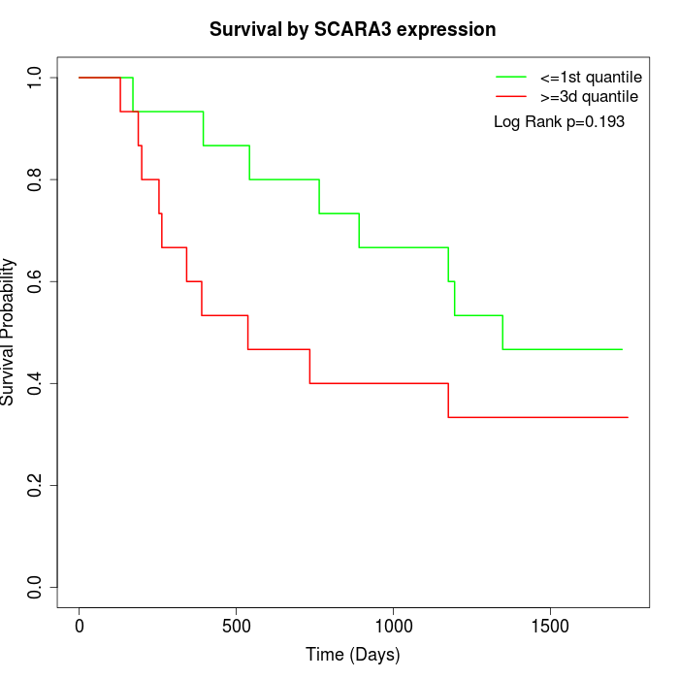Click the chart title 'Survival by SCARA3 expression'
click(353, 29)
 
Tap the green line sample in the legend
click(511, 76)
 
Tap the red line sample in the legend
click(511, 96)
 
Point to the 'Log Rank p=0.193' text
click(559, 122)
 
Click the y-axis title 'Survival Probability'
click(9, 332)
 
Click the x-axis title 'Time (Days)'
click(353, 655)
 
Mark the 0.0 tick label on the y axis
click(36, 587)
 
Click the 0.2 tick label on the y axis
click(36, 485)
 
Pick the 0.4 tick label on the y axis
click(36, 383)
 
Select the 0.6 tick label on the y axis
click(36, 281)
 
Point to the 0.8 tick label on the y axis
click(36, 179)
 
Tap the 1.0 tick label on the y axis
click(36, 78)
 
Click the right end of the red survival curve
click(628, 417)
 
